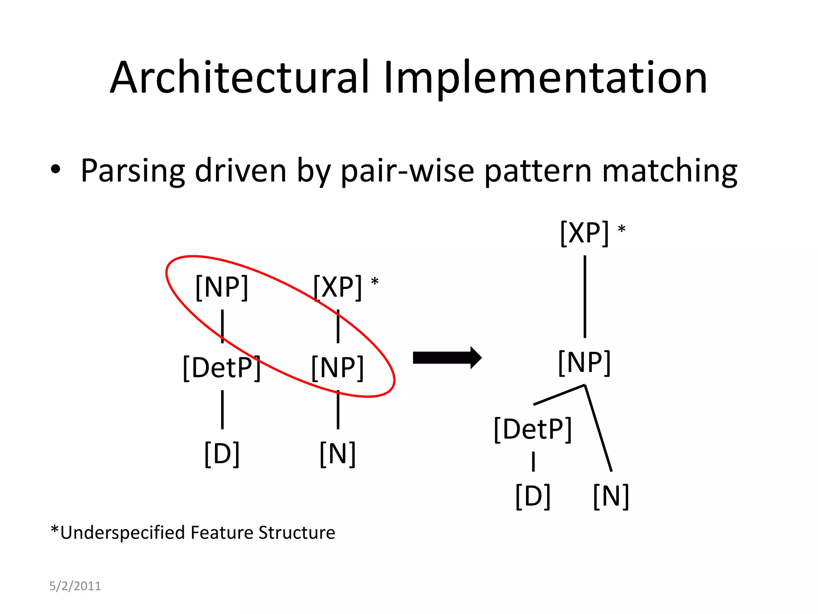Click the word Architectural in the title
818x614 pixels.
point(239,78)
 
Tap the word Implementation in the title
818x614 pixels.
point(545,78)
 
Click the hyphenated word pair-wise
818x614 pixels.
point(407,171)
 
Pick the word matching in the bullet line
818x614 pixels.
point(669,171)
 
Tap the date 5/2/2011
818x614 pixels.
point(75,586)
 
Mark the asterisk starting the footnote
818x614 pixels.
point(55,531)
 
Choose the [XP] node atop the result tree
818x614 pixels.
point(584,233)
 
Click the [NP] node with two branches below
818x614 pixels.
point(584,363)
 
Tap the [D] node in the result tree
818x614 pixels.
point(533,496)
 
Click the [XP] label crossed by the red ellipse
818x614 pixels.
point(338,287)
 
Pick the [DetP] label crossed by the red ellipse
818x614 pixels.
point(222,368)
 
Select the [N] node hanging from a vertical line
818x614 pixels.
point(338,454)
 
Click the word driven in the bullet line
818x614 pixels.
point(240,171)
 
